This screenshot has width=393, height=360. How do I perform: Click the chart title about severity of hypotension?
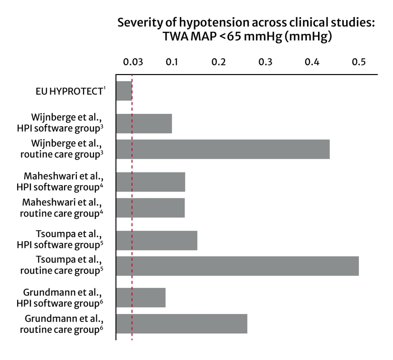[246, 29]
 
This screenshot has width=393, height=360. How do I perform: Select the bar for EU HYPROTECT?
[124, 91]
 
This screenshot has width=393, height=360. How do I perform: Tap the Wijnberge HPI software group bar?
[144, 123]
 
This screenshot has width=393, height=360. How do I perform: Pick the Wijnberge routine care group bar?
[223, 149]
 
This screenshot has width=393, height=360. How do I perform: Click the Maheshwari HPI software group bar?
[150, 182]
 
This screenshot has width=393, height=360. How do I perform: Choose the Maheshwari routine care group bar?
[150, 208]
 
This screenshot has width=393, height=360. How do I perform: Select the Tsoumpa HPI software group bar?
[157, 240]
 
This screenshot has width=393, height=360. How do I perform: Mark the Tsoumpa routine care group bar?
[237, 265]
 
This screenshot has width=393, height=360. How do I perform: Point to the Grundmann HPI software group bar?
[141, 297]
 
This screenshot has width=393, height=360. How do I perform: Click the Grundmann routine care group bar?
[182, 323]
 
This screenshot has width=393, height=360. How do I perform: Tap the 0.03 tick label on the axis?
[132, 63]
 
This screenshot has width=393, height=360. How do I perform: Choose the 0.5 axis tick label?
[359, 63]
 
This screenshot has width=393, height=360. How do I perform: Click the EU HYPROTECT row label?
[69, 91]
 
